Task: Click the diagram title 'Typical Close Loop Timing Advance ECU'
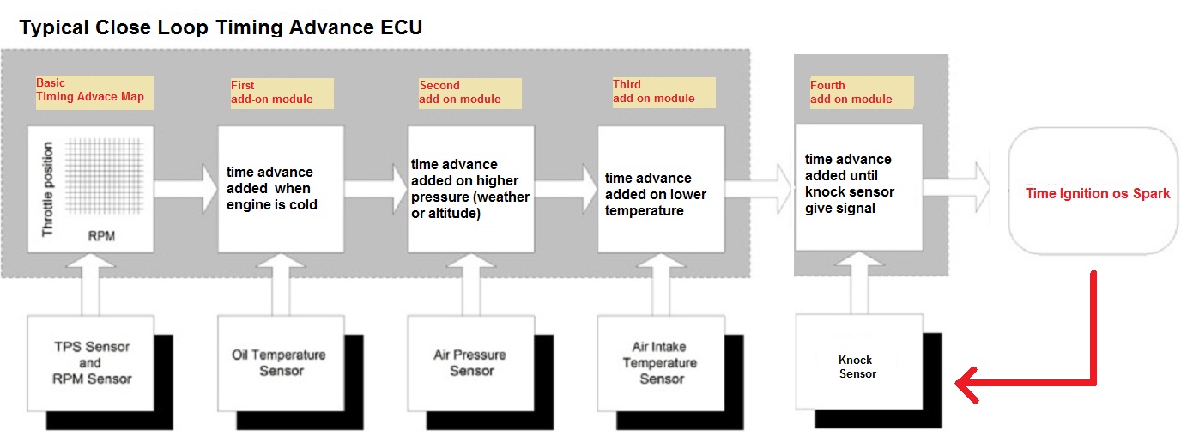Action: pyautogui.click(x=221, y=27)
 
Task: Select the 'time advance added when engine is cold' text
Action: pyautogui.click(x=271, y=189)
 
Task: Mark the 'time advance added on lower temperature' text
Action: pyautogui.click(x=656, y=194)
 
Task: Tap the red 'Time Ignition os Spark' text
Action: pyautogui.click(x=1098, y=193)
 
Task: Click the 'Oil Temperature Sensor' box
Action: pyautogui.click(x=280, y=362)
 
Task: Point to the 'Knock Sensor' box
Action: pyautogui.click(x=857, y=367)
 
